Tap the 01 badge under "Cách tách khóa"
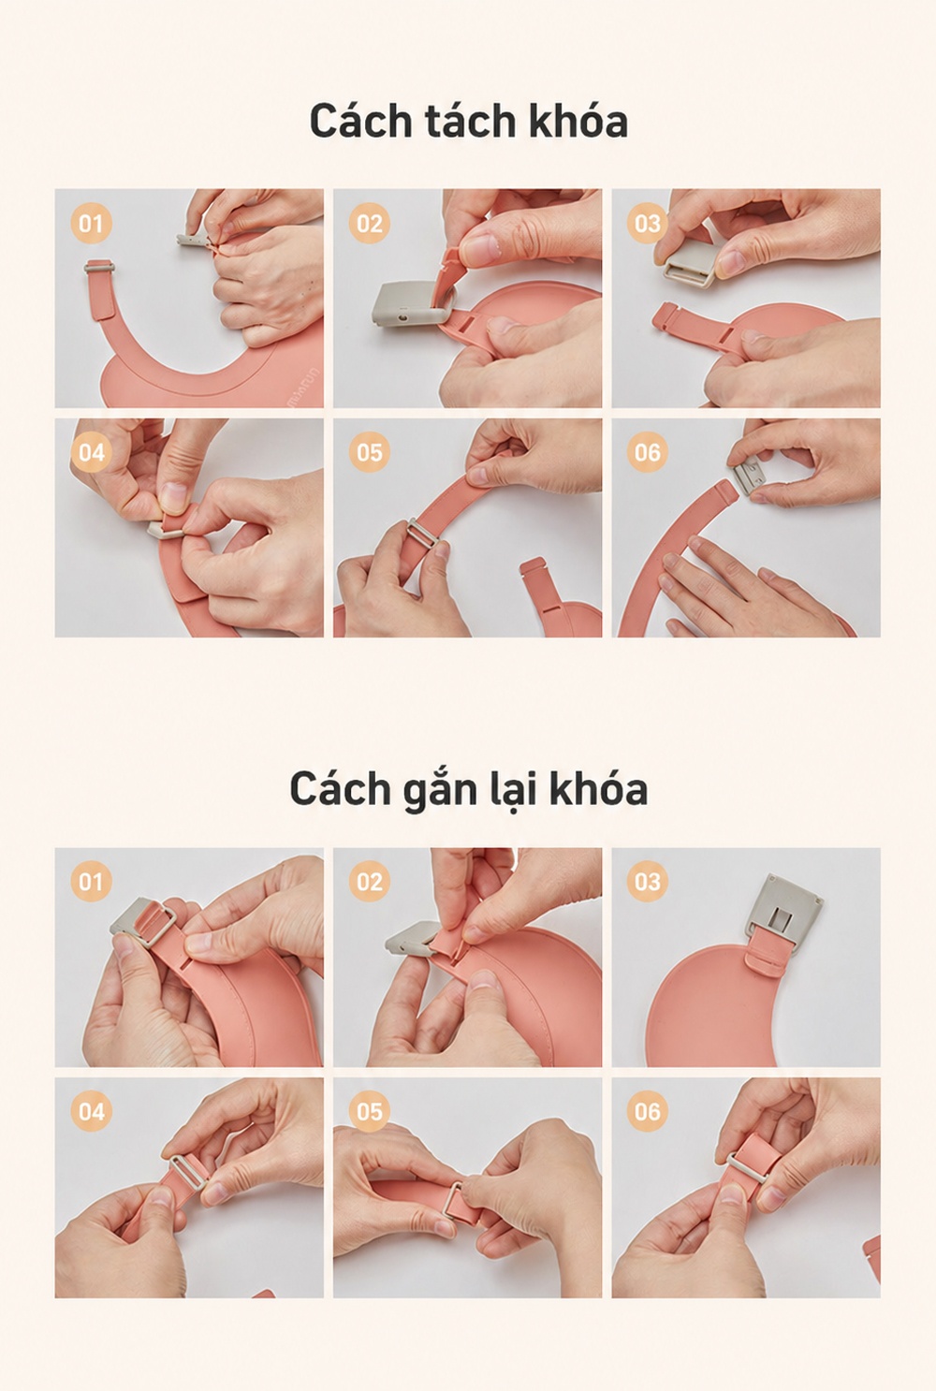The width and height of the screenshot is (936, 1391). tap(91, 223)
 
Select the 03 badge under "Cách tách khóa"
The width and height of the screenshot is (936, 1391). tap(647, 223)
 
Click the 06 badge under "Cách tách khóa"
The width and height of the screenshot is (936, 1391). tap(647, 452)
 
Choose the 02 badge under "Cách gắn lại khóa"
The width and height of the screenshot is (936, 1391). tap(369, 882)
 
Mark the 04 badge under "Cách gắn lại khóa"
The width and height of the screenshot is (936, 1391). tap(91, 1111)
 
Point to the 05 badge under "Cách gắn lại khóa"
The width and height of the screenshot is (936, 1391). tap(369, 1111)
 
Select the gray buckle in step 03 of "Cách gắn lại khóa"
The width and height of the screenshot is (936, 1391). tap(782, 907)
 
